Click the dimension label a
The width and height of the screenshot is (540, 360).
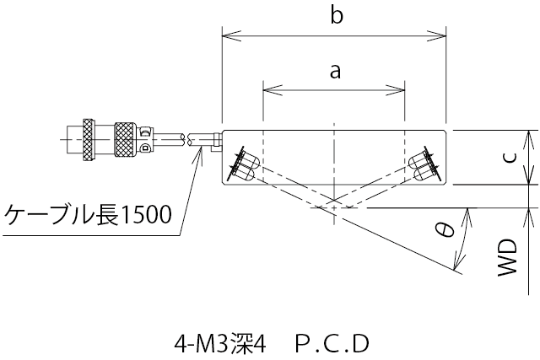pos(335,72)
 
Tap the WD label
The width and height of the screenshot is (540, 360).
pos(506,258)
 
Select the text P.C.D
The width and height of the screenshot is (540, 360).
pos(333,344)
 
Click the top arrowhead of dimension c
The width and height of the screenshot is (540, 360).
pos(528,135)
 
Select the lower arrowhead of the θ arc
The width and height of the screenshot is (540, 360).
pos(457,267)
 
